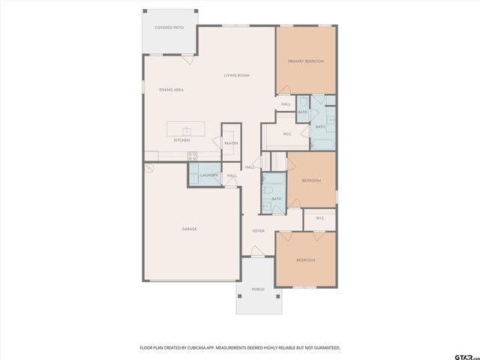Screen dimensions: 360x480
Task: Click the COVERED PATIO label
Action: click(169, 27)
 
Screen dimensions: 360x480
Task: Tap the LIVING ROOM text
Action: click(236, 75)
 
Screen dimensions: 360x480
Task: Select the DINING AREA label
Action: click(171, 90)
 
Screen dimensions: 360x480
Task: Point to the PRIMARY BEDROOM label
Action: click(305, 61)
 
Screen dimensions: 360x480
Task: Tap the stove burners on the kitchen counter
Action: click(192, 155)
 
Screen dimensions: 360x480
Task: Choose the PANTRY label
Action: click(230, 143)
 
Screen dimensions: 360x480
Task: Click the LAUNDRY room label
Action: click(208, 175)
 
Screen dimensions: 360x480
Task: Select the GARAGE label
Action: click(189, 229)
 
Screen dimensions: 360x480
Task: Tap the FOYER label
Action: click(258, 231)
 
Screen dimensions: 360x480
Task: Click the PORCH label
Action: click(258, 289)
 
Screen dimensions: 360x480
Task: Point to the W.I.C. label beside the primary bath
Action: click(287, 134)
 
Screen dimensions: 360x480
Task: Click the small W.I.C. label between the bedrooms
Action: click(319, 218)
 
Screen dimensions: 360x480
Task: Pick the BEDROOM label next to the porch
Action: click(305, 259)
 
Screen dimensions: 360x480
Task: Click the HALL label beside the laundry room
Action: click(232, 175)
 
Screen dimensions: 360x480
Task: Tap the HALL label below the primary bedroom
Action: click(286, 104)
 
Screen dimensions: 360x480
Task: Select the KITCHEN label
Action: click(181, 140)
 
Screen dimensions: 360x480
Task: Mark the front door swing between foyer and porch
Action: click(258, 254)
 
